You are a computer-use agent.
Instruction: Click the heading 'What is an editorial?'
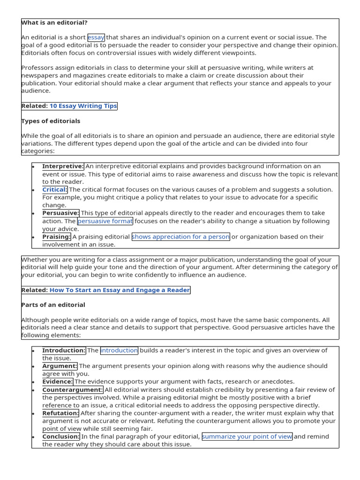(x=54, y=22)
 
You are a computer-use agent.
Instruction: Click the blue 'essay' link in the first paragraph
(x=96, y=37)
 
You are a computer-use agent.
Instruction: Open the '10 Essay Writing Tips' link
(x=83, y=106)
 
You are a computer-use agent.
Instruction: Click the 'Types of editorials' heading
(x=51, y=121)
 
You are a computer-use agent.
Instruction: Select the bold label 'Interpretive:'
(x=63, y=166)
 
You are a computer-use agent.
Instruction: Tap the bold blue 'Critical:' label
(x=55, y=189)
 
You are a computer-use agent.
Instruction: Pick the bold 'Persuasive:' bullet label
(x=60, y=213)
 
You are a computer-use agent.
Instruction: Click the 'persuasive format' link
(x=105, y=221)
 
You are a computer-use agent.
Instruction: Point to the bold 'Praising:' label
(x=56, y=237)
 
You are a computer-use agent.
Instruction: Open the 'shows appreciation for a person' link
(x=181, y=237)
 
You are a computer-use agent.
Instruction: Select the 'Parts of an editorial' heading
(x=53, y=305)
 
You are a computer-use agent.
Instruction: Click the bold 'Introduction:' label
(x=64, y=350)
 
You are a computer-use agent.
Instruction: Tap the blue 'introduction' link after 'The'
(x=119, y=350)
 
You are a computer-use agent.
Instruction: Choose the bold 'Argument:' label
(x=60, y=366)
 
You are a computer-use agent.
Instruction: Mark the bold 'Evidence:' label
(x=58, y=382)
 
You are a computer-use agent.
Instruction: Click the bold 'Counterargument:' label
(x=72, y=390)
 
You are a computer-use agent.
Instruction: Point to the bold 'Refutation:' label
(x=60, y=413)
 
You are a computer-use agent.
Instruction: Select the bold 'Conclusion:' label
(x=61, y=436)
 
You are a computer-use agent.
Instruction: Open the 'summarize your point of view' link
(x=247, y=436)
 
